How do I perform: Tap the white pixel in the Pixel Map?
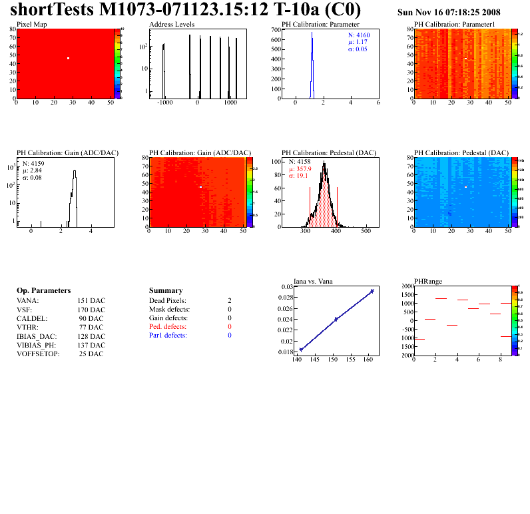68,59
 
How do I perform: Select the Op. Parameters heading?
43,291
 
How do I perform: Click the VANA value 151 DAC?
91,301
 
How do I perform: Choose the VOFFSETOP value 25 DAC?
91,354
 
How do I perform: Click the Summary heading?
166,291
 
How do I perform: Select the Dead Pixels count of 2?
229,301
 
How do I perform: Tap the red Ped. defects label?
168,327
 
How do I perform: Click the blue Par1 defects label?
168,336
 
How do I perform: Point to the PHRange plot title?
428,281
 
